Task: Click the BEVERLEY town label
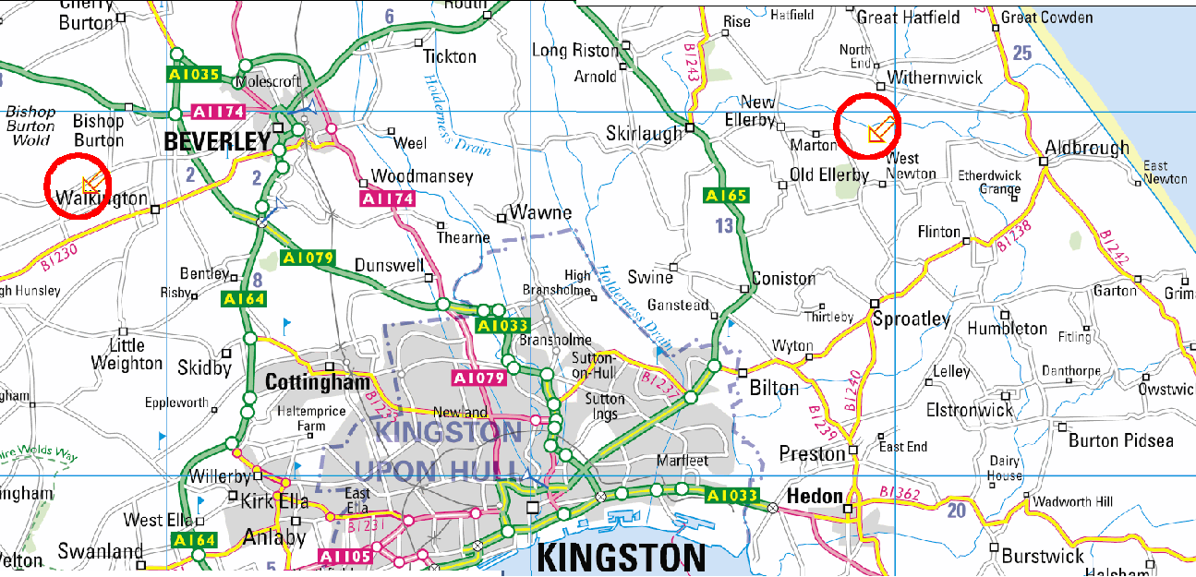click(217, 141)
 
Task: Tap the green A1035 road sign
click(193, 73)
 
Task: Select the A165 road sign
click(725, 196)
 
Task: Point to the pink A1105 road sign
click(344, 556)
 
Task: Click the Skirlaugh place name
click(644, 133)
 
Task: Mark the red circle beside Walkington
click(79, 186)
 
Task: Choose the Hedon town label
click(815, 497)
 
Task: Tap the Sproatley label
click(912, 319)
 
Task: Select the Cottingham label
click(318, 382)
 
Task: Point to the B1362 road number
click(900, 494)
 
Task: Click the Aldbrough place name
click(1087, 148)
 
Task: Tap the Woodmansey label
click(422, 176)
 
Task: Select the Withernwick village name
click(935, 78)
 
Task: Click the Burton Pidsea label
click(1121, 440)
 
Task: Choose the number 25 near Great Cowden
click(1021, 54)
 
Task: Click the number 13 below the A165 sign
click(725, 225)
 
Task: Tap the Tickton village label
click(450, 56)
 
